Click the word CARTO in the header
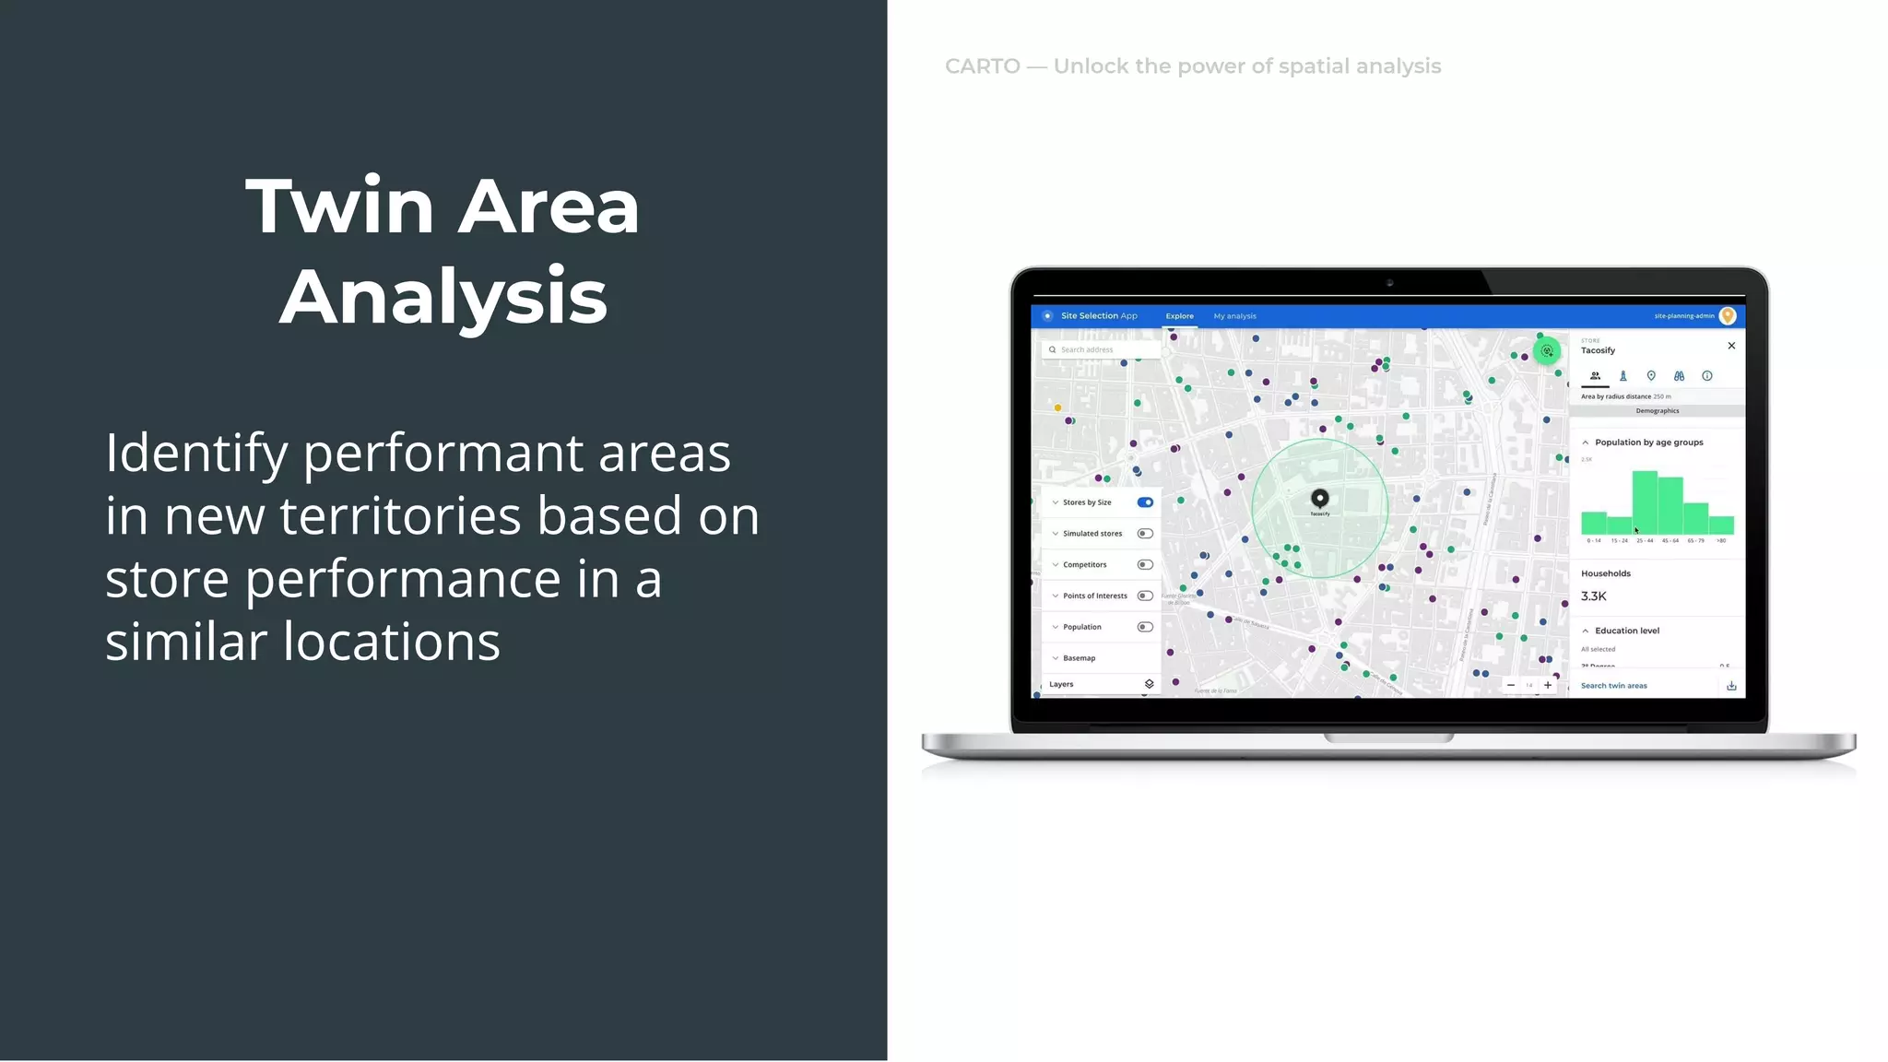point(983,66)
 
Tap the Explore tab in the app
point(1179,316)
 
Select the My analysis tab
point(1234,316)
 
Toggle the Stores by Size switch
point(1145,502)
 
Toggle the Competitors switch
point(1145,565)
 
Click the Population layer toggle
point(1145,627)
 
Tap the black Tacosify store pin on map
point(1320,499)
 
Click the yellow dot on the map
point(1057,407)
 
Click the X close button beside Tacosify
point(1731,346)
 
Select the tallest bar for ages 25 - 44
point(1645,502)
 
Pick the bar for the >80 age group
point(1721,525)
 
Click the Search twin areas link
point(1613,686)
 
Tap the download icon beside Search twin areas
point(1731,686)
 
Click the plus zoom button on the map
point(1548,685)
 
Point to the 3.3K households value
point(1593,596)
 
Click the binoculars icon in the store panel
point(1679,376)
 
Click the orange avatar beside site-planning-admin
point(1728,316)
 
